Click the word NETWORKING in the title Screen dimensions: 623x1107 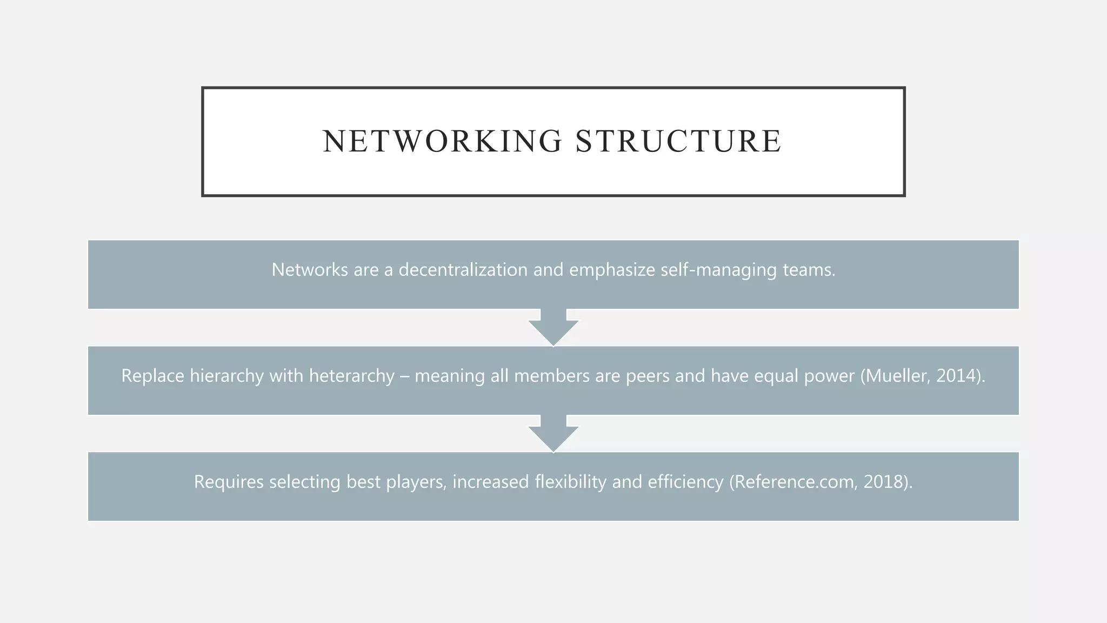pyautogui.click(x=442, y=142)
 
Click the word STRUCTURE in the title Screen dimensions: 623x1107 pyautogui.click(x=678, y=142)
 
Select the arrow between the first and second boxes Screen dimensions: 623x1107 pyautogui.click(x=553, y=328)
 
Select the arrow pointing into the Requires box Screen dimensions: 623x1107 pyautogui.click(x=553, y=434)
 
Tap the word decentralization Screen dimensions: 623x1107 pyautogui.click(x=463, y=269)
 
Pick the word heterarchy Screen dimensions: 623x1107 pyautogui.click(x=351, y=375)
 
